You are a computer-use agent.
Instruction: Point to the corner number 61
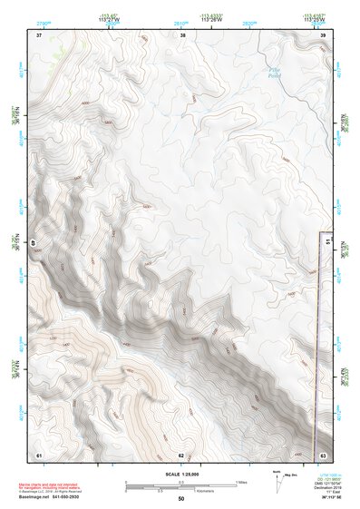39,454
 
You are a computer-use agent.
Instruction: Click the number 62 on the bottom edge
181,455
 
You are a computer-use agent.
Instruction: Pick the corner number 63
323,454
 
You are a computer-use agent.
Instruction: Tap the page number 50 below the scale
181,499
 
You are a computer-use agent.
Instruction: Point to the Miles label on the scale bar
240,482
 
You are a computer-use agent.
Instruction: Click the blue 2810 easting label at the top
180,21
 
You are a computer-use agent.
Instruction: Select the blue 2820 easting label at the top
251,21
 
